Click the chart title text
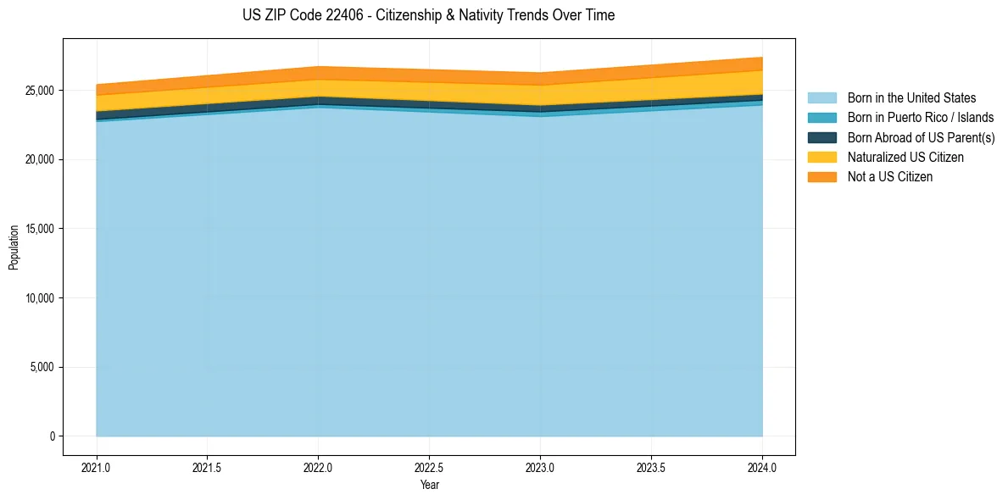click(428, 15)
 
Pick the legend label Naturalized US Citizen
click(905, 158)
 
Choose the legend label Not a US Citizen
click(890, 177)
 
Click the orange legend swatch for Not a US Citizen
click(821, 177)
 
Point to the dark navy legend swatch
click(821, 137)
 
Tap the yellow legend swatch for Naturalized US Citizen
click(821, 158)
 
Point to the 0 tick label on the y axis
click(52, 436)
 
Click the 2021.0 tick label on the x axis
click(97, 467)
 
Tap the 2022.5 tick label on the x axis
click(429, 467)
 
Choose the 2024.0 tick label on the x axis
click(762, 467)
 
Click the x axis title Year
click(429, 486)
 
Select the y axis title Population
click(14, 247)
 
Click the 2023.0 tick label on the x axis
click(540, 467)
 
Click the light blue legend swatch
click(821, 98)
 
